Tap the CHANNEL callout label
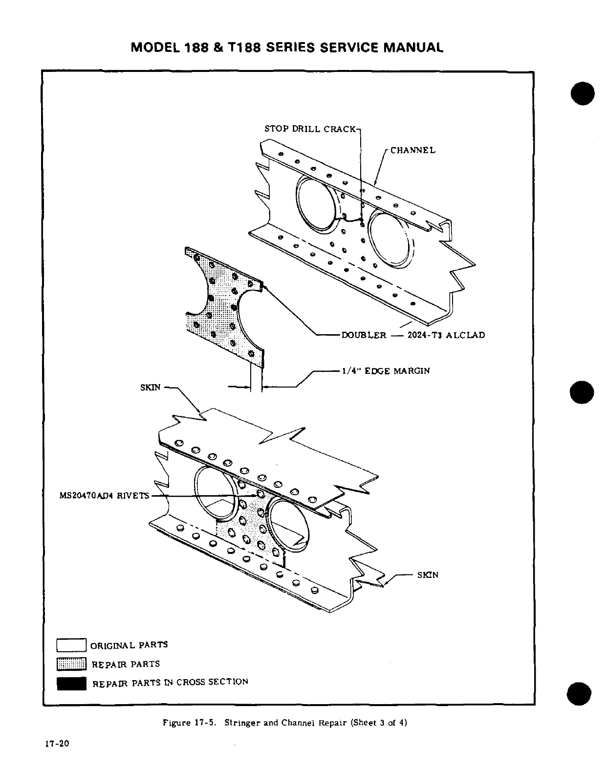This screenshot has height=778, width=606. pyautogui.click(x=412, y=150)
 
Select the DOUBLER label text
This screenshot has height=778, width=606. pyautogui.click(x=364, y=335)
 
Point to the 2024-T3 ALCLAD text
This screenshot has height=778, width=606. pyautogui.click(x=446, y=335)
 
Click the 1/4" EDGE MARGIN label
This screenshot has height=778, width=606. pyautogui.click(x=385, y=371)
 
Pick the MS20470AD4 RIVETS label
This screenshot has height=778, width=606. pyautogui.click(x=104, y=496)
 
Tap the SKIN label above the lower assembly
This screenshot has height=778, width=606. pyautogui.click(x=150, y=387)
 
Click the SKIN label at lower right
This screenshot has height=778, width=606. pyautogui.click(x=428, y=575)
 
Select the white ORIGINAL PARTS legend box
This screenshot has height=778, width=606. pyautogui.click(x=71, y=645)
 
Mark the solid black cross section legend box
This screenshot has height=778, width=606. pyautogui.click(x=71, y=683)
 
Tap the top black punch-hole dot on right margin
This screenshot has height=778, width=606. pyautogui.click(x=582, y=93)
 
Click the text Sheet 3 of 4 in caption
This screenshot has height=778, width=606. pyautogui.click(x=380, y=723)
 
